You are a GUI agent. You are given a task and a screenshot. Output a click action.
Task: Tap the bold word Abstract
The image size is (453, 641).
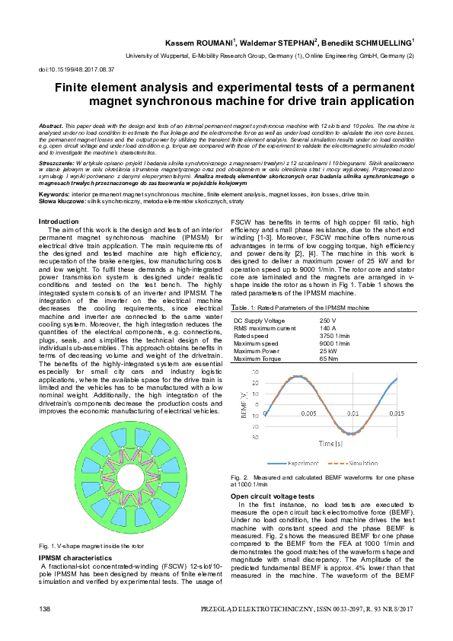pyautogui.click(x=50, y=123)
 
